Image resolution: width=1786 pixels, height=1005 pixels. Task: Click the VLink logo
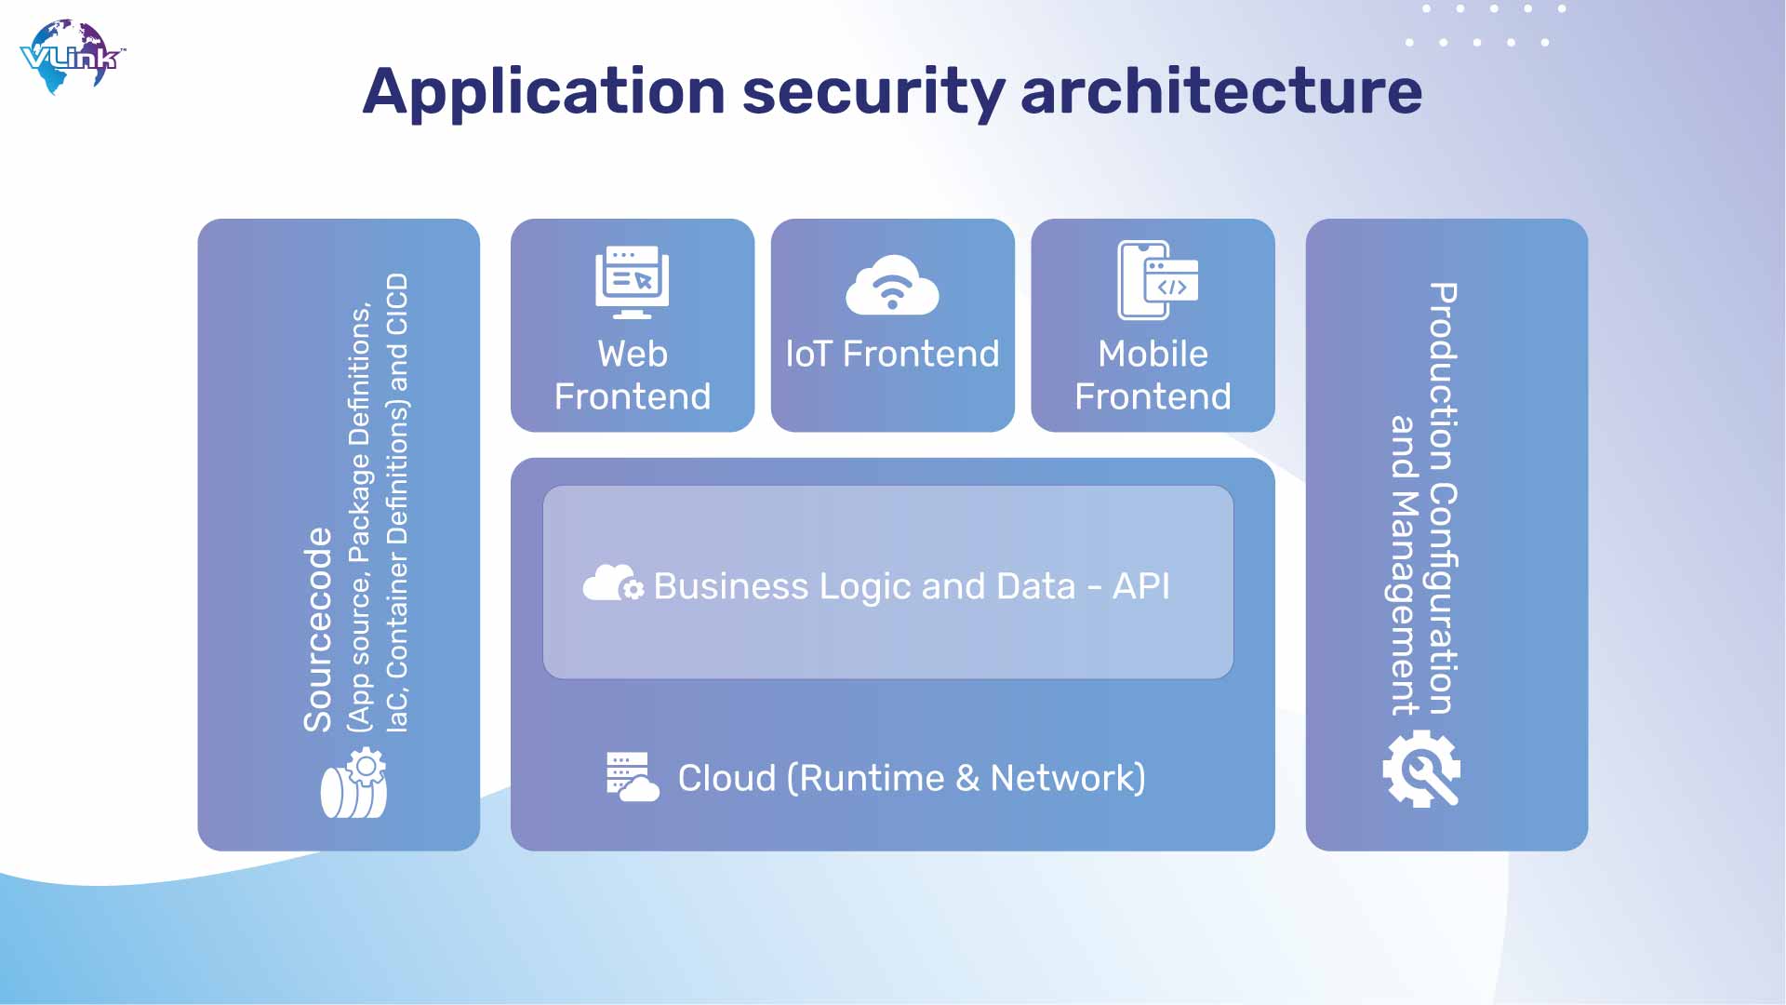coord(72,57)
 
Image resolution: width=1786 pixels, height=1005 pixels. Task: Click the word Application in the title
coord(544,93)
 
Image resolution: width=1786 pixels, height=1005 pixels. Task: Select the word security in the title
coord(873,93)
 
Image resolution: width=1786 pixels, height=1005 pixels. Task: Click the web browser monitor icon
coord(633,282)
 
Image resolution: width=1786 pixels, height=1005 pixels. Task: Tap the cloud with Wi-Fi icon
coord(892,284)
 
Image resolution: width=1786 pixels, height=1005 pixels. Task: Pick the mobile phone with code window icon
coord(1157,280)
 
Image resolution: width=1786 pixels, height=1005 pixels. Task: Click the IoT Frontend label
coord(892,354)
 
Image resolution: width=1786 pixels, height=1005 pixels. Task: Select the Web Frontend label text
coord(633,375)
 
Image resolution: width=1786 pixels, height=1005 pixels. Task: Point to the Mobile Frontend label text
coord(1153,375)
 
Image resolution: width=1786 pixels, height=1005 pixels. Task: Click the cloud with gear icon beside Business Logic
coord(613,583)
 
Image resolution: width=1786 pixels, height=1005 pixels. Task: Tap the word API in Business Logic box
coord(1141,586)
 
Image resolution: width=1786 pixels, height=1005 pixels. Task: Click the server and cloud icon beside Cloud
coord(633,777)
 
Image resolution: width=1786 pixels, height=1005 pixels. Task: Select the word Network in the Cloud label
coord(1068,778)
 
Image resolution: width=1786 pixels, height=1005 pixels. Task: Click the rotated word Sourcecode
coord(318,630)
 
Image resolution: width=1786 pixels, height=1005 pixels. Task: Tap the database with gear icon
coord(353,784)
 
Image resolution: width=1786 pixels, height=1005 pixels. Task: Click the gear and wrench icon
coord(1421,769)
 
